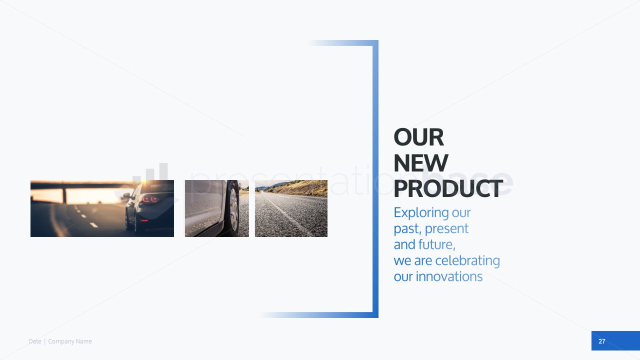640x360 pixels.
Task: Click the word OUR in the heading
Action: [x=419, y=137]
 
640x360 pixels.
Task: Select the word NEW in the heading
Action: [x=421, y=163]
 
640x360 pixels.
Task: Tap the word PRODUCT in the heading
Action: [x=448, y=188]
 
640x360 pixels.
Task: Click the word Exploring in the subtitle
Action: [x=421, y=213]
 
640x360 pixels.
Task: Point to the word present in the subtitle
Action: [x=446, y=229]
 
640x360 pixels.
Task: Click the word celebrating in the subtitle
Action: [x=467, y=261]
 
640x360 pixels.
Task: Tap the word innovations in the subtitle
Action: [x=449, y=276]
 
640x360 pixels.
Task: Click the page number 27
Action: [x=601, y=341]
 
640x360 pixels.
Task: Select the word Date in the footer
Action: [x=35, y=341]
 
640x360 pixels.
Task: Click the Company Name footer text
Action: [x=70, y=341]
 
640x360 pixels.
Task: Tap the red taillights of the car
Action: [x=150, y=199]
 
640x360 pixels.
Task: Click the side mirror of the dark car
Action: [x=125, y=196]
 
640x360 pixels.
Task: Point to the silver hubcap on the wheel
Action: [x=233, y=210]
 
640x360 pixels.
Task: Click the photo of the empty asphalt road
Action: [x=291, y=208]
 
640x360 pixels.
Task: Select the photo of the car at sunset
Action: [x=102, y=208]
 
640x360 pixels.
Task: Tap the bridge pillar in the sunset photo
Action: [x=65, y=195]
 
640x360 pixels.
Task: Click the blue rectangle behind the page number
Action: [x=615, y=340]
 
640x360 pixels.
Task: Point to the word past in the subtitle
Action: [x=407, y=229]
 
